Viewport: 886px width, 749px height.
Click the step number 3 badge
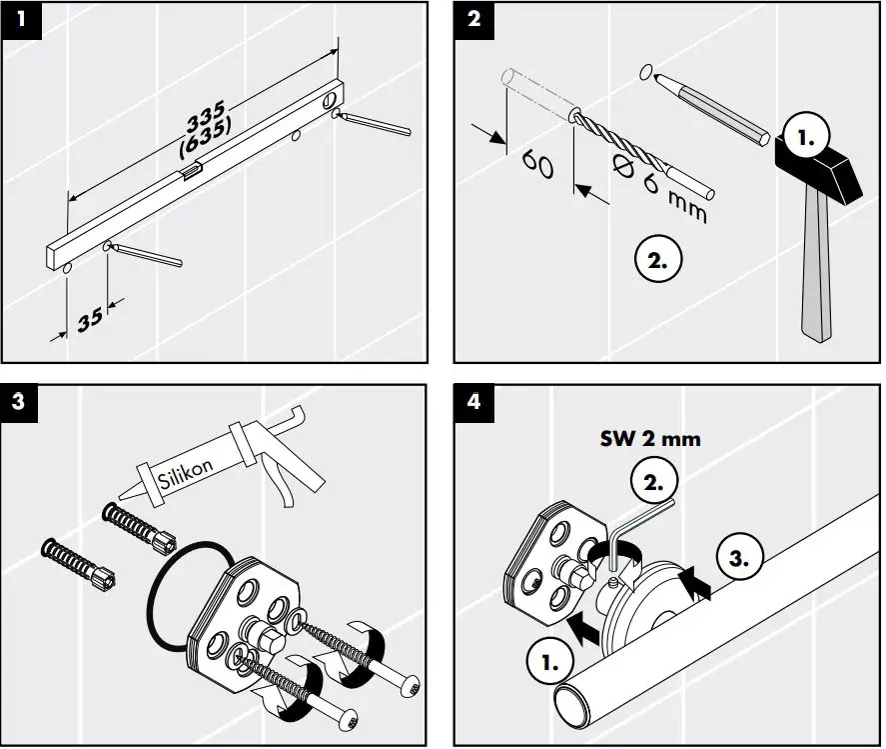(x=21, y=404)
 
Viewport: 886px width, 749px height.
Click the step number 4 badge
(x=473, y=404)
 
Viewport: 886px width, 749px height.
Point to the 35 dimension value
(x=90, y=319)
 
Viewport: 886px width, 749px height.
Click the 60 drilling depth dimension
(x=537, y=165)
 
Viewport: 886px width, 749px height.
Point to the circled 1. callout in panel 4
(x=549, y=661)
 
